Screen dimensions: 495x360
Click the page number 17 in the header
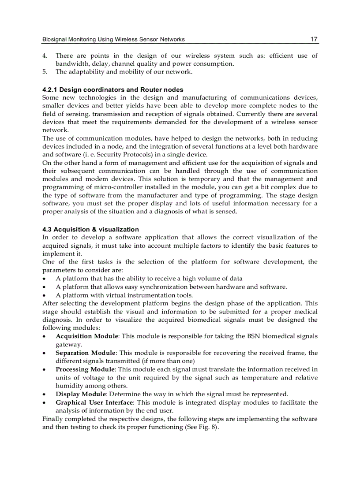coord(314,39)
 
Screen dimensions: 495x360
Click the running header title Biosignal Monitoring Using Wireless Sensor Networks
coord(113,40)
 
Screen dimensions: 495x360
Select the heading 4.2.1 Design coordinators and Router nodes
coord(112,89)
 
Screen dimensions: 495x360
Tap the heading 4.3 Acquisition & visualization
coord(90,229)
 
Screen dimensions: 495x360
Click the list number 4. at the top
coord(45,56)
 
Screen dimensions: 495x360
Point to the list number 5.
coord(45,72)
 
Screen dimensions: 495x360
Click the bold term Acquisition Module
coord(87,336)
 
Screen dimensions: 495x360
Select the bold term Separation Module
coord(86,353)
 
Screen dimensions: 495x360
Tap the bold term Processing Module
coord(85,369)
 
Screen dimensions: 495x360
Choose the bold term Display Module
coord(81,394)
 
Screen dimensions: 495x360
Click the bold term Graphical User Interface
coord(94,402)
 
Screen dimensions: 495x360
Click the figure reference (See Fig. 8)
coord(201,427)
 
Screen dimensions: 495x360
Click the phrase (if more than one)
coord(172,361)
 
